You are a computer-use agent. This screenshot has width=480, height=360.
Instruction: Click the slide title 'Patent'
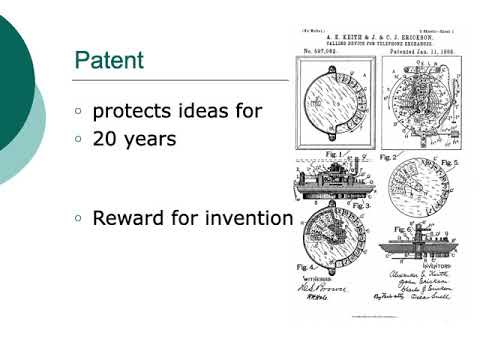tap(109, 61)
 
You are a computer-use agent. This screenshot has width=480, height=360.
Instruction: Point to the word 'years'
tap(152, 140)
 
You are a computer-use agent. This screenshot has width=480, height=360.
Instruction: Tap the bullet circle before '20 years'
tap(79, 140)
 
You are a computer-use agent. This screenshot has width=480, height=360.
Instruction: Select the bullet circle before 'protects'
tap(79, 112)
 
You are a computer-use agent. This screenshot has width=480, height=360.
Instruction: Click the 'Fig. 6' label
tap(400, 229)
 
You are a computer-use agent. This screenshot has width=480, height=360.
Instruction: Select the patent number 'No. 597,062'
tap(322, 49)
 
